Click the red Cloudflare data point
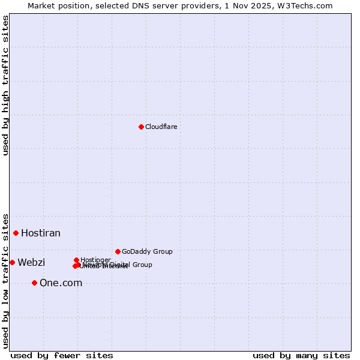click(x=141, y=127)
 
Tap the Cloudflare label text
click(x=161, y=127)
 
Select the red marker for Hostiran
click(x=16, y=233)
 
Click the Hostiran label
click(x=41, y=233)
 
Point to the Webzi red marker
click(x=12, y=262)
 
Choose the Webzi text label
click(x=31, y=262)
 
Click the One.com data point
click(x=34, y=283)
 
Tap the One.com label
click(x=61, y=283)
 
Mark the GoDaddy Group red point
click(x=118, y=251)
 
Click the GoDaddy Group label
click(x=147, y=251)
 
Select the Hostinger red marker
click(x=76, y=260)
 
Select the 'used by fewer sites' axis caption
click(x=62, y=355)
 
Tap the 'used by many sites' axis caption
click(x=301, y=355)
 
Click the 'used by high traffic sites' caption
click(x=5, y=85)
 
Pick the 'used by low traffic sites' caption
click(x=5, y=280)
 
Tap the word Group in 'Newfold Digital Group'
click(x=142, y=265)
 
